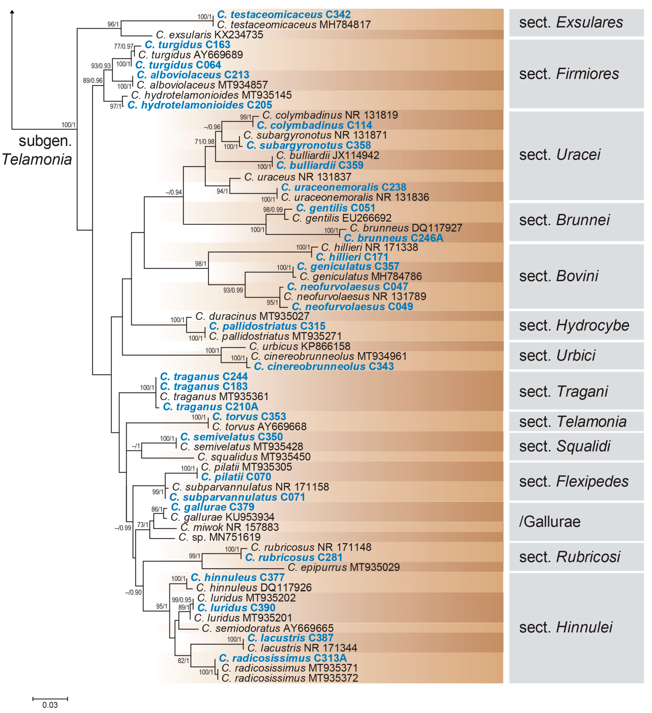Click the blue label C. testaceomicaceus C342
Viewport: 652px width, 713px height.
click(x=284, y=15)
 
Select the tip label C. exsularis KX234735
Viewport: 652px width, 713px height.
click(x=209, y=35)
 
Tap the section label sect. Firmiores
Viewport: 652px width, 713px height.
click(x=569, y=74)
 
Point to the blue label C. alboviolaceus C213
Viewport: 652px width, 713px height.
click(x=193, y=75)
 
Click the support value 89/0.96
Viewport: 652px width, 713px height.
click(x=93, y=81)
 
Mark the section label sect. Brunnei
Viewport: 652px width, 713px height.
click(x=564, y=220)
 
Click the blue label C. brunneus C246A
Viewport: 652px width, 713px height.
click(x=394, y=238)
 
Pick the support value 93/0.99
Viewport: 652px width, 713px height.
click(x=233, y=290)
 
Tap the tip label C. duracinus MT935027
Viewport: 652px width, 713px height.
click(x=252, y=316)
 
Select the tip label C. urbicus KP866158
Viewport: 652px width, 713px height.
click(x=300, y=346)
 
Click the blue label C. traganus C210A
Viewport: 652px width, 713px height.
click(x=210, y=407)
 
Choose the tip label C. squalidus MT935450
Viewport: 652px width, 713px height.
click(x=254, y=457)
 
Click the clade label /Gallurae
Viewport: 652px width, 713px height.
click(x=549, y=522)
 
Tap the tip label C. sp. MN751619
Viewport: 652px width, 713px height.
click(x=220, y=537)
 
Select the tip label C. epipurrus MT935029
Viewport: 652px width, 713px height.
click(x=344, y=567)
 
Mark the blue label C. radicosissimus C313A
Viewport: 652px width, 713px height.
click(x=283, y=658)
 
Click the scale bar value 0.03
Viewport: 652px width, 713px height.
click(x=50, y=705)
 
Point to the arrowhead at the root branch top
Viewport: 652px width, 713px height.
click(x=12, y=12)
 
